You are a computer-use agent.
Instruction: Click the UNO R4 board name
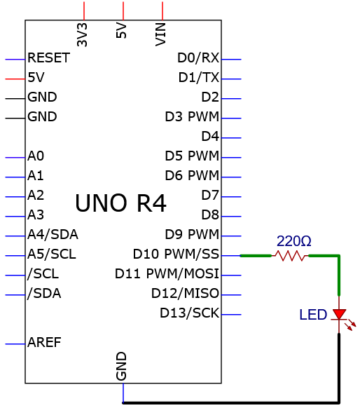point(120,203)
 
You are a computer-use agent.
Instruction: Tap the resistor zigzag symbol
point(290,256)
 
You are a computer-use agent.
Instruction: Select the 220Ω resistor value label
point(293,241)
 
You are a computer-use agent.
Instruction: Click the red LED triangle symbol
point(339,314)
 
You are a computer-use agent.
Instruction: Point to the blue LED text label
point(313,315)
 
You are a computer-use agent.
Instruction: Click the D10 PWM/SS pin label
point(176,254)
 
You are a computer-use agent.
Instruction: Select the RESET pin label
point(48,57)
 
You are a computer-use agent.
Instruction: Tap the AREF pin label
point(44,342)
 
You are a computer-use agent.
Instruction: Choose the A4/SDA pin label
point(53,234)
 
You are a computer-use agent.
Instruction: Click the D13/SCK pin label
point(190,313)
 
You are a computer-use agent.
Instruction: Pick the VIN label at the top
point(160,34)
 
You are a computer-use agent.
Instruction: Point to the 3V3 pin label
point(82,34)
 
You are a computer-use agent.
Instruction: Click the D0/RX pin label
point(198,57)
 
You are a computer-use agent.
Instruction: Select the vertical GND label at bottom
point(121,366)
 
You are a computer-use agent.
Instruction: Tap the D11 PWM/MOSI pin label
point(167,273)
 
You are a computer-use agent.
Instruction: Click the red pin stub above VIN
point(162,11)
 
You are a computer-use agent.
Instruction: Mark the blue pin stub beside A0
point(15,158)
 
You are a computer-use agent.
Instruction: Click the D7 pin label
point(210,195)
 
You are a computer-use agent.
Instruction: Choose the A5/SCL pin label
point(52,254)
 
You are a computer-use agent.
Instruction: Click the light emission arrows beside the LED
point(350,325)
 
